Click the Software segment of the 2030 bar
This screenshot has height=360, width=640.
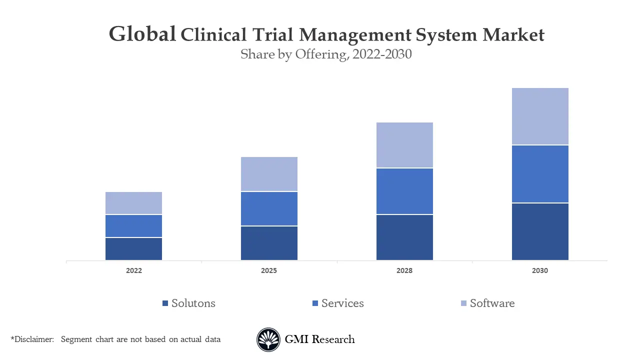pos(540,116)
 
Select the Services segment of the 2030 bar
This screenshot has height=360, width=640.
pos(540,174)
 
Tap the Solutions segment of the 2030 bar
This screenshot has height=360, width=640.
pos(540,231)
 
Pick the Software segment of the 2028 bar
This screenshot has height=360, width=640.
pos(404,145)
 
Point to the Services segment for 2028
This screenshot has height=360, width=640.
pos(404,191)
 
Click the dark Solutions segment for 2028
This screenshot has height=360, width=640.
pos(404,237)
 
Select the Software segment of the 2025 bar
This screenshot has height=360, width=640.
pos(269,174)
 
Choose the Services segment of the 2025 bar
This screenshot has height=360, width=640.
pos(269,209)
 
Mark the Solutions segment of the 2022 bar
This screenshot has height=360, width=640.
pos(133,249)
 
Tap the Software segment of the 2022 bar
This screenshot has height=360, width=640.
pos(133,203)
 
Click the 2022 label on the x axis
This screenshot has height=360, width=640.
pos(133,270)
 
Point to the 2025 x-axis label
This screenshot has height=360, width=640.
pos(269,270)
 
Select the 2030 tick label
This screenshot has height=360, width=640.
pos(540,270)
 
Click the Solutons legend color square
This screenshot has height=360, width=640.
pos(165,303)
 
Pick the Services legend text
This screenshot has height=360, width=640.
pos(342,303)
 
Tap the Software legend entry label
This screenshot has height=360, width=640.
pos(492,303)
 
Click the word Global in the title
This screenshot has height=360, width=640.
pos(142,34)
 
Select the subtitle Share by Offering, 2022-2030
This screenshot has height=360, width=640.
pos(326,54)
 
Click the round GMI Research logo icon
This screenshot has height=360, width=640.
pos(268,339)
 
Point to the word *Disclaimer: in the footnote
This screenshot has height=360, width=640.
pos(32,339)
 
